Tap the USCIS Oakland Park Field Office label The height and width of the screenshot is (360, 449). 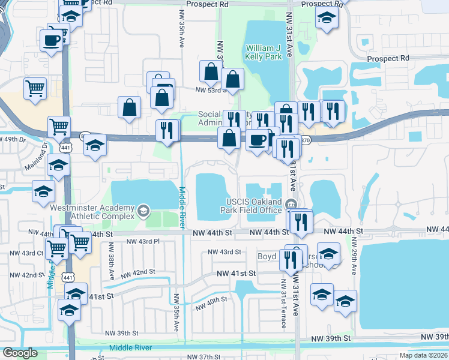point(253,205)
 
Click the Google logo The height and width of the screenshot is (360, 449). point(19,353)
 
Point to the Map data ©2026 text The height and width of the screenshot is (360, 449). point(424,355)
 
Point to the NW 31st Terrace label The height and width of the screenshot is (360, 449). point(283,305)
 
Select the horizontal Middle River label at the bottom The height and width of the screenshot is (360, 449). point(131,348)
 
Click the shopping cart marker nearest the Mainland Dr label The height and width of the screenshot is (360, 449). point(59,127)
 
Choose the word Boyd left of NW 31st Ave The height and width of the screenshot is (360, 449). point(267,256)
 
